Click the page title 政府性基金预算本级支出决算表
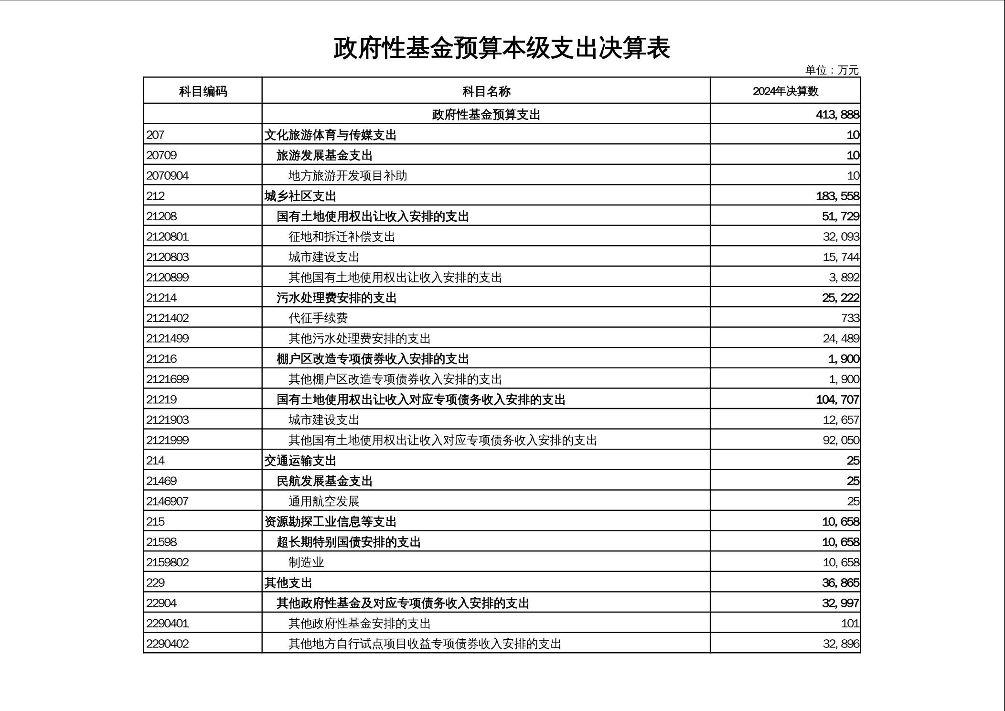coord(502,48)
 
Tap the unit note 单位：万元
coord(832,70)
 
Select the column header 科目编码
coord(203,91)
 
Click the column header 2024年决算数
coord(785,91)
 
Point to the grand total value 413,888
coord(837,115)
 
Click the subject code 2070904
coord(168,176)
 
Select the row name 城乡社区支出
coord(300,196)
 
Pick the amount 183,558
coord(837,196)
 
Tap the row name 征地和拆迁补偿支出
coord(342,237)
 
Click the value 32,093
coord(841,237)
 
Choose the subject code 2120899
coord(168,278)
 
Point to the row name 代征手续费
coord(318,318)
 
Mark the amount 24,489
coord(841,339)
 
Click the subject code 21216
coord(161,359)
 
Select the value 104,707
coord(837,399)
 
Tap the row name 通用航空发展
coord(324,501)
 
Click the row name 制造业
coord(306,562)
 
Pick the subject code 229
coord(156,583)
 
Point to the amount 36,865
coord(840,583)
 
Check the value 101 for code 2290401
coord(850,624)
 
